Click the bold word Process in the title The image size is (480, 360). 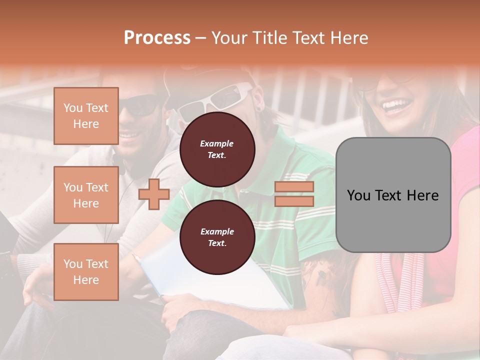157,37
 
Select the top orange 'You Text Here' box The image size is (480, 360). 86,116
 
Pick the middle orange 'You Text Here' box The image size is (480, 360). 86,195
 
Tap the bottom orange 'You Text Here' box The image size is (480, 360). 86,271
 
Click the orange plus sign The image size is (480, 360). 153,194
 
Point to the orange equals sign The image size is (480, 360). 294,194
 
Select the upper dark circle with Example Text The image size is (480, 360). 217,149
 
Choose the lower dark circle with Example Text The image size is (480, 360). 217,237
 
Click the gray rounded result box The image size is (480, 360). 393,195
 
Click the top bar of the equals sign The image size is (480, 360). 294,187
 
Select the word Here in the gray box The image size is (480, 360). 423,195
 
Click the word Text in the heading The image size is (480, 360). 310,37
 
